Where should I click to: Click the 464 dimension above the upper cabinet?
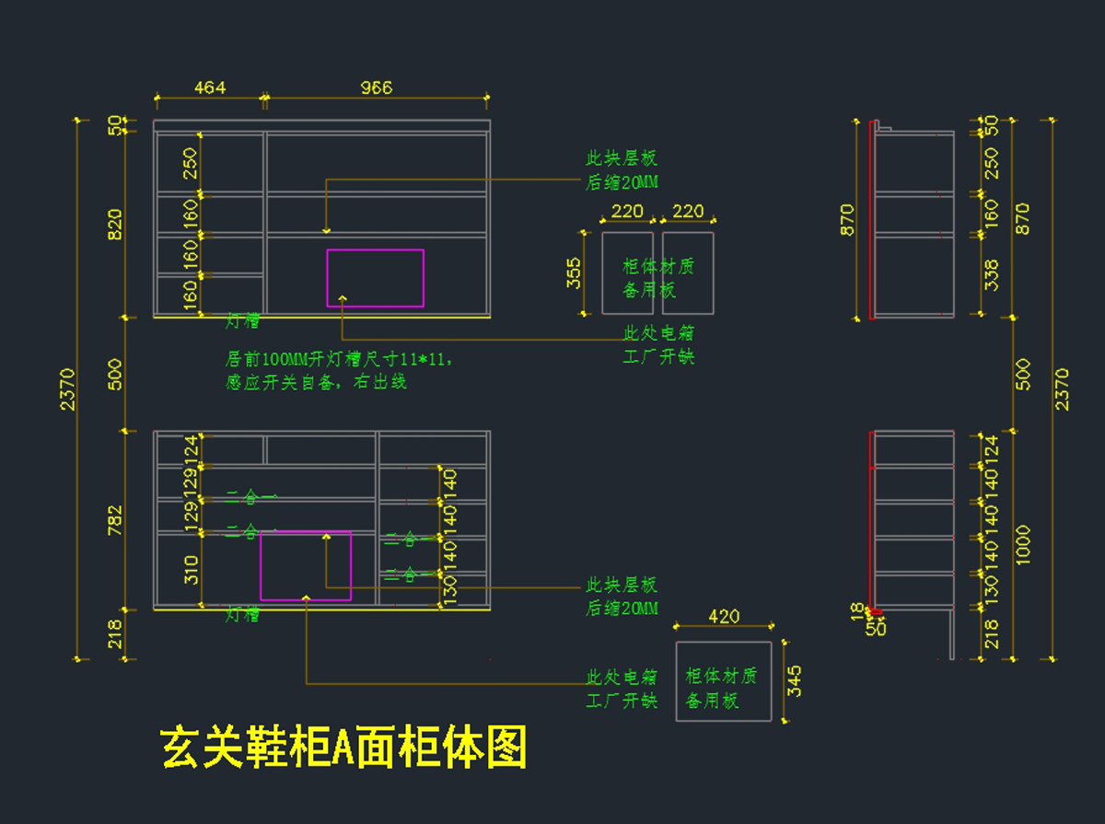(x=210, y=87)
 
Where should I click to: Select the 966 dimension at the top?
(x=376, y=87)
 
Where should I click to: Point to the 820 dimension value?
(x=115, y=224)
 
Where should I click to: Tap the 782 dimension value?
(x=115, y=519)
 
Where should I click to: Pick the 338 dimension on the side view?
(x=991, y=274)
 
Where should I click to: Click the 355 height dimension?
(x=574, y=273)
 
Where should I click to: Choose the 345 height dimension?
(x=795, y=681)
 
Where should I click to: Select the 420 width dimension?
(x=724, y=616)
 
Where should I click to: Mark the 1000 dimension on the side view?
(x=1023, y=544)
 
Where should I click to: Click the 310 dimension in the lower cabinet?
(x=192, y=570)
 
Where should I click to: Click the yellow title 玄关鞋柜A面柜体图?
(x=343, y=747)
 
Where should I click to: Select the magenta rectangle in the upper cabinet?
(x=375, y=277)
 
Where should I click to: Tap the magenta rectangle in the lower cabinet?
(x=306, y=565)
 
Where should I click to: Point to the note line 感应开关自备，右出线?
(x=316, y=381)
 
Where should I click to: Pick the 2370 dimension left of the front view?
(x=67, y=389)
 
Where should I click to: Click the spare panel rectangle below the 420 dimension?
(x=724, y=681)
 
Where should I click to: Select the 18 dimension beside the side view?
(x=857, y=609)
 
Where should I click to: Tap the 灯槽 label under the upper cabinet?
(x=242, y=321)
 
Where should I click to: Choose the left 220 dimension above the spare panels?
(x=627, y=212)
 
